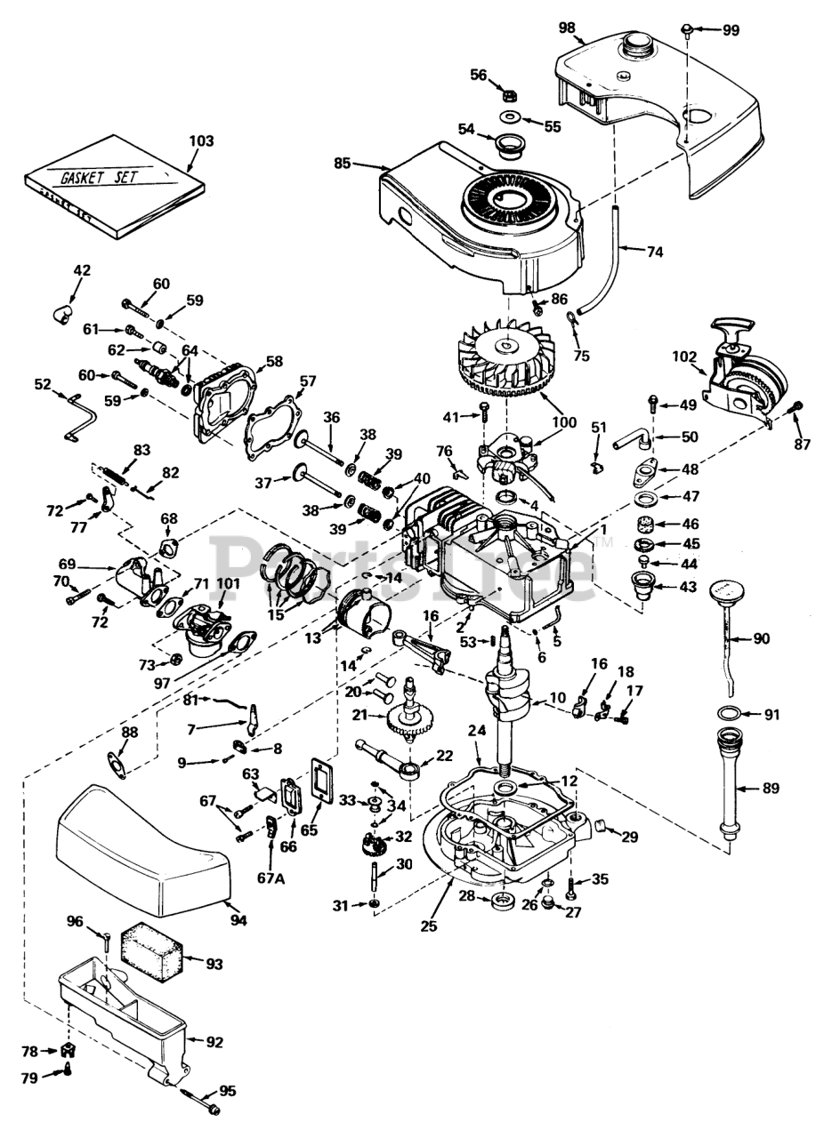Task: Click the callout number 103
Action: point(202,140)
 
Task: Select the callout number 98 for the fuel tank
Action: point(567,28)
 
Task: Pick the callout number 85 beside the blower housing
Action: point(343,164)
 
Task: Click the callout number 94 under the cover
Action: point(238,920)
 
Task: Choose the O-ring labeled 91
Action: point(726,713)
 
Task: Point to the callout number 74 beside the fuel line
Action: point(654,252)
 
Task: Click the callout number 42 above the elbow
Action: point(82,269)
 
